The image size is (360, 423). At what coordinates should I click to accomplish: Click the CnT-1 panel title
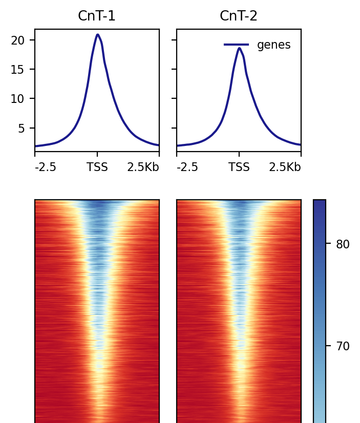pyautogui.click(x=97, y=16)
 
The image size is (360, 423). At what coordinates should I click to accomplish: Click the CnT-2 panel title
pyautogui.click(x=239, y=16)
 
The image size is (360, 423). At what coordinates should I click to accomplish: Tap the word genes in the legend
pyautogui.click(x=273, y=45)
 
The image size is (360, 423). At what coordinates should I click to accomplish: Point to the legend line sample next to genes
pyautogui.click(x=237, y=45)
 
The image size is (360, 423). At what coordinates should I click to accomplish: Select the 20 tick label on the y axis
pyautogui.click(x=17, y=40)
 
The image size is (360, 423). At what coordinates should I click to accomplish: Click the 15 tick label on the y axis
pyautogui.click(x=17, y=69)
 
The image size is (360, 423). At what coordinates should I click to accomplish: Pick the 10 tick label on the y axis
pyautogui.click(x=17, y=99)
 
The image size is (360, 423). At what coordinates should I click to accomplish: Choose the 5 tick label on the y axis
pyautogui.click(x=21, y=128)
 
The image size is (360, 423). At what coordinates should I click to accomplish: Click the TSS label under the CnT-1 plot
pyautogui.click(x=97, y=167)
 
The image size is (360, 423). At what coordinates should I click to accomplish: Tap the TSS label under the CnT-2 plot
pyautogui.click(x=239, y=167)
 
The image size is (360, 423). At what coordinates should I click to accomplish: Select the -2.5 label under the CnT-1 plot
pyautogui.click(x=45, y=167)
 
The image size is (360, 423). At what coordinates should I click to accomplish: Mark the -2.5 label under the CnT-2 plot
pyautogui.click(x=187, y=167)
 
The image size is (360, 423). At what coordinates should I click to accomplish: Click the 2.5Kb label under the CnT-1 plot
pyautogui.click(x=143, y=167)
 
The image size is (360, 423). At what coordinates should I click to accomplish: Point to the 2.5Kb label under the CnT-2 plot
pyautogui.click(x=285, y=167)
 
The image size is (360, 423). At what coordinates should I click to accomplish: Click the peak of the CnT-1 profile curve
pyautogui.click(x=97, y=35)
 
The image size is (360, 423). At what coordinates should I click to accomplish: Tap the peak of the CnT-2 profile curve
pyautogui.click(x=239, y=48)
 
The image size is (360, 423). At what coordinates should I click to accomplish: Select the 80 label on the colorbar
pyautogui.click(x=343, y=244)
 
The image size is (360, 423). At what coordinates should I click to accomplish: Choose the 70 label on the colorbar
pyautogui.click(x=343, y=346)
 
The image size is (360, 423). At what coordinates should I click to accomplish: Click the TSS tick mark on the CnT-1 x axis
pyautogui.click(x=97, y=153)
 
